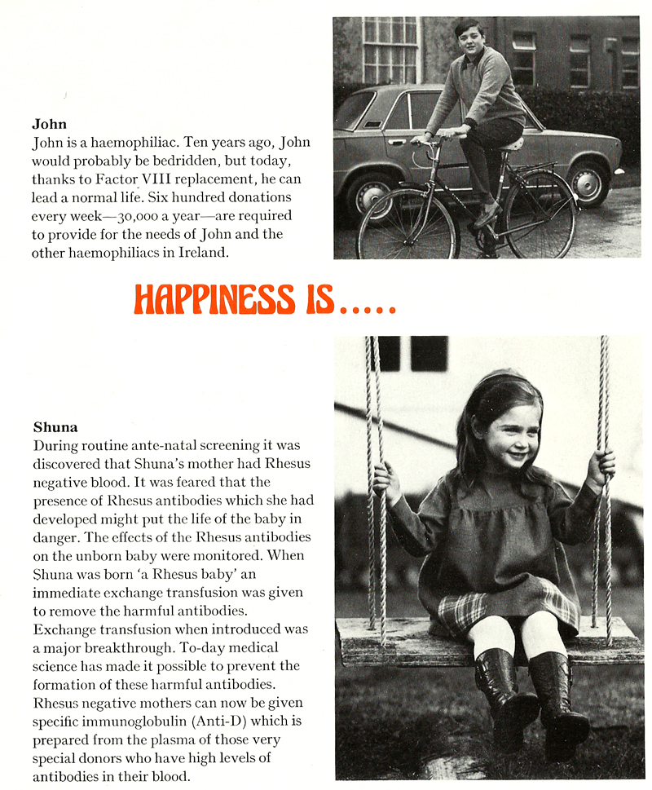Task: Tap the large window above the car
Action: coord(390,51)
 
